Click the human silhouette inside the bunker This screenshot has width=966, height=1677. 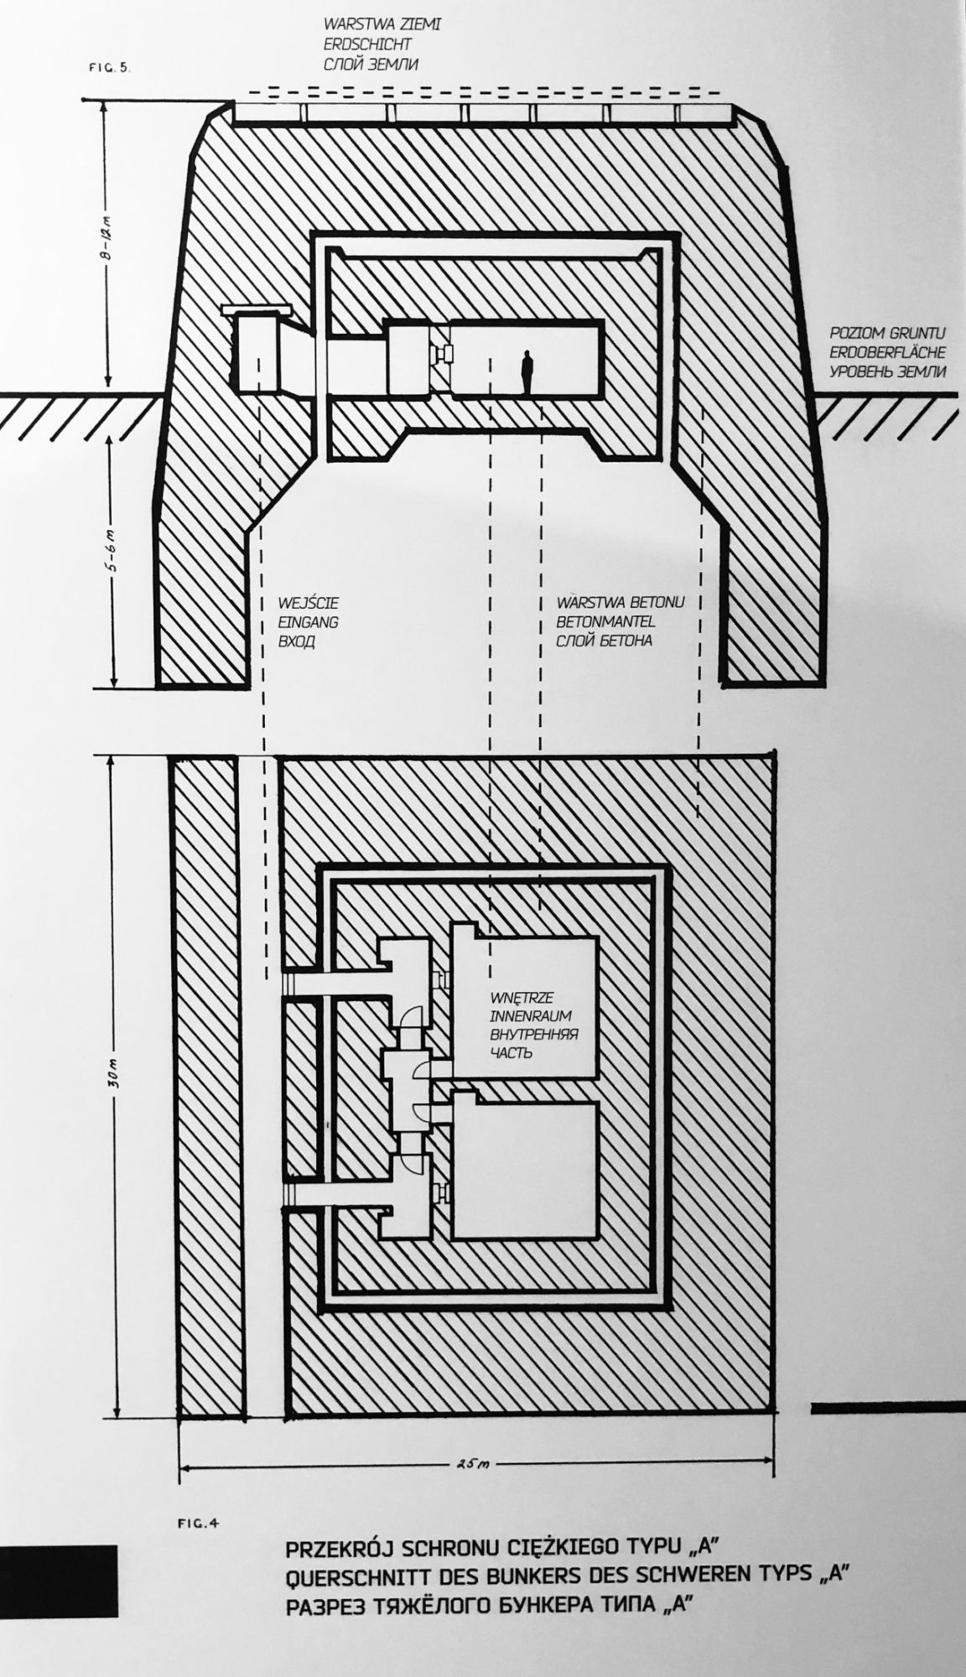[527, 372]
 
